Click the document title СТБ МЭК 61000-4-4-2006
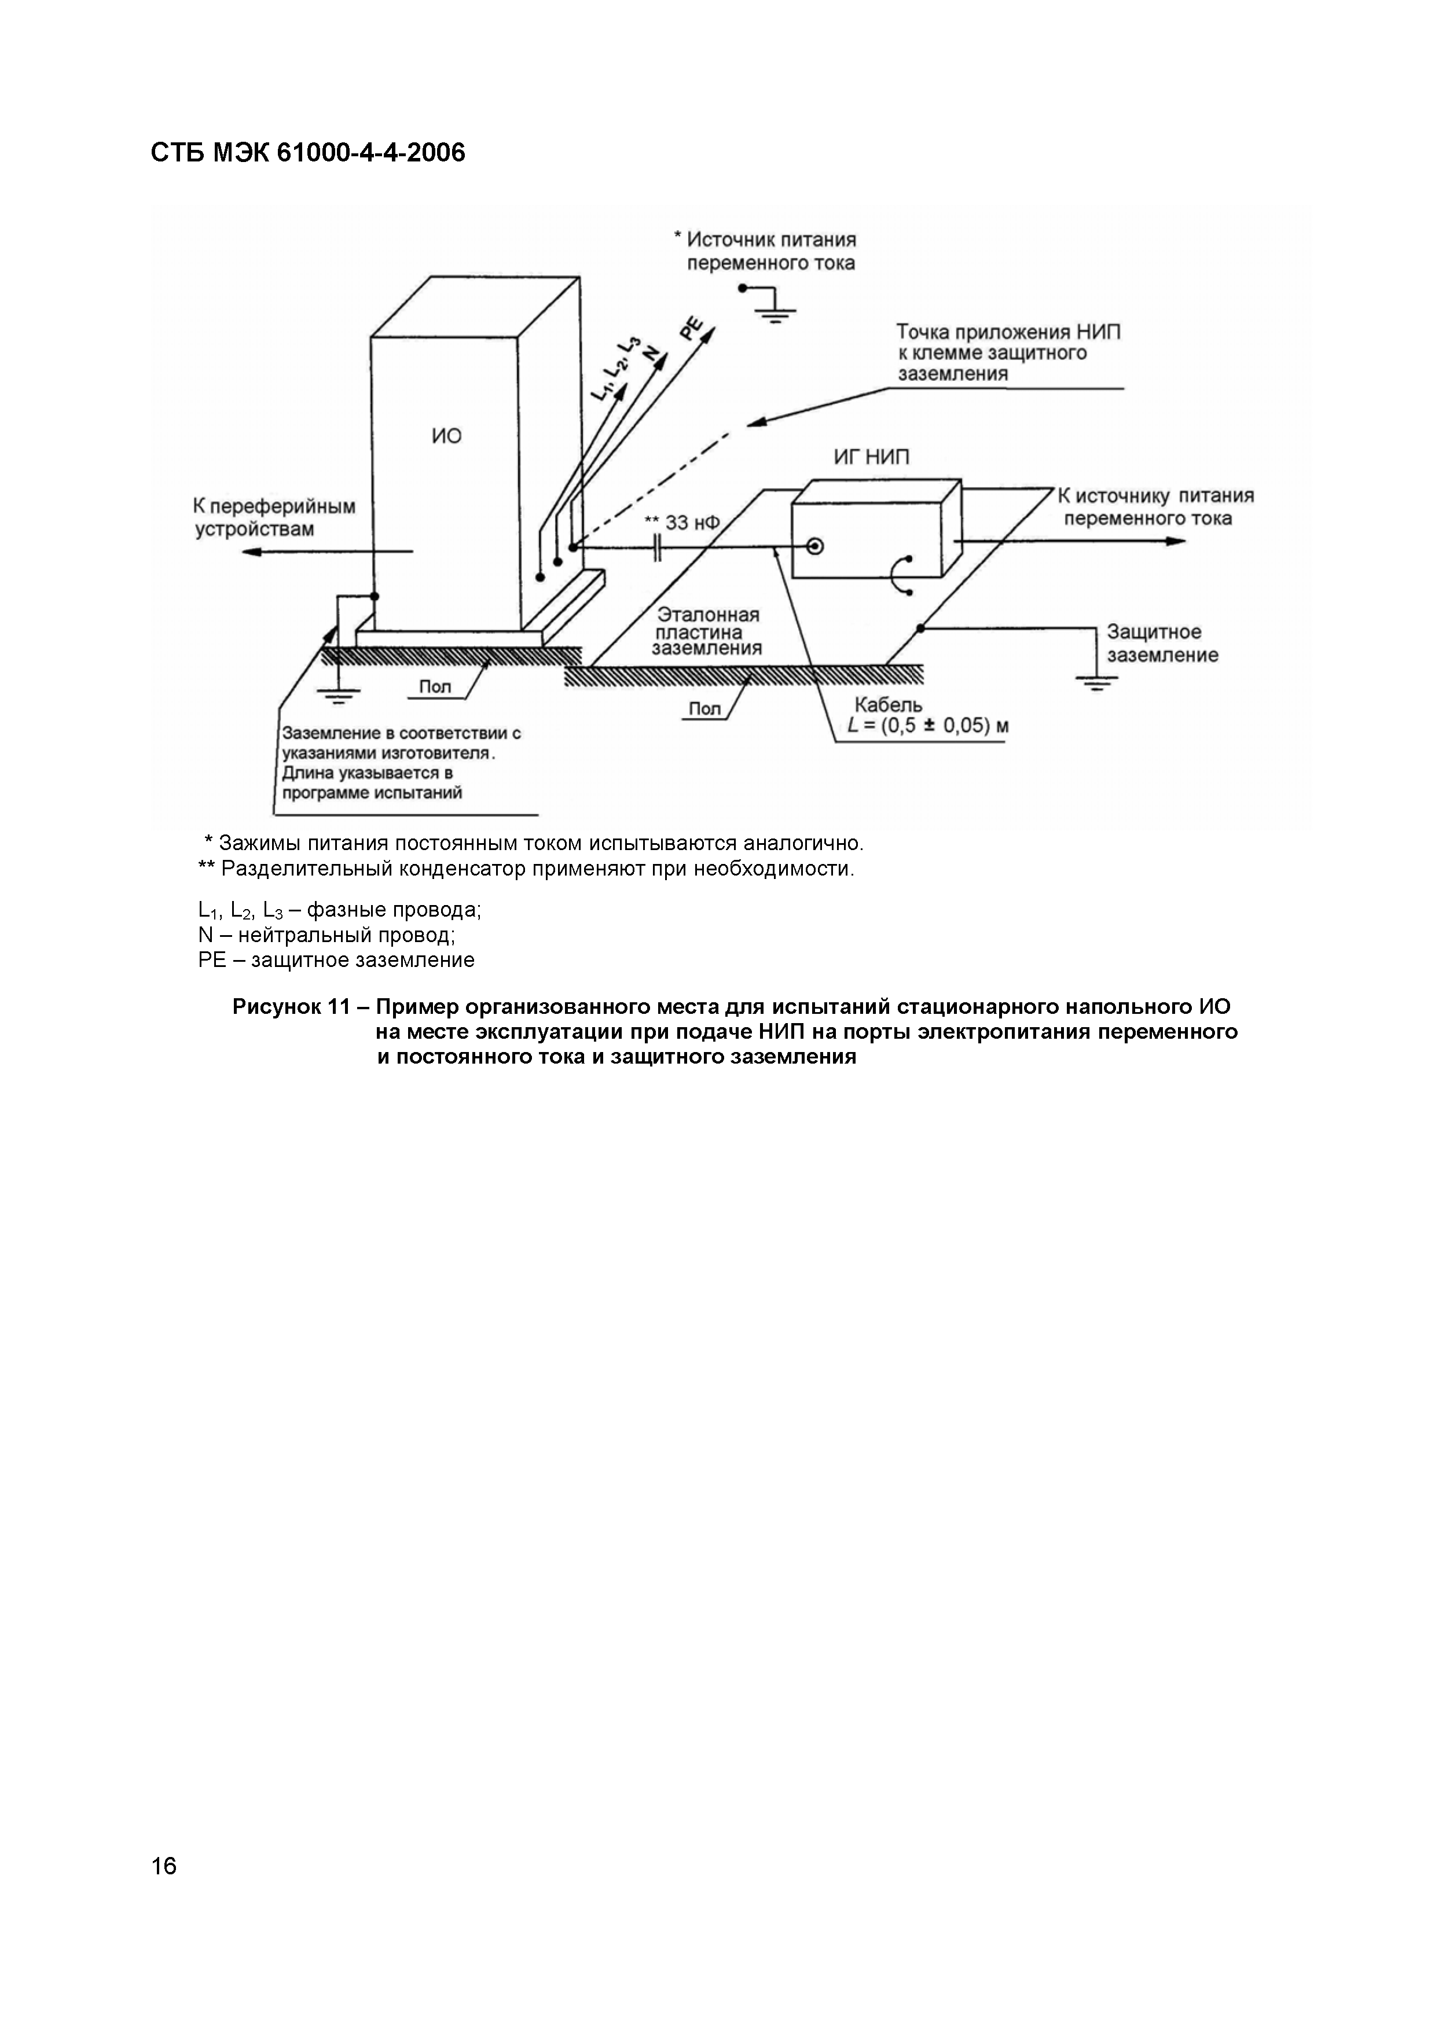click(308, 154)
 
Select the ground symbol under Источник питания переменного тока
click(776, 311)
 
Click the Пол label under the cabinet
click(434, 686)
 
